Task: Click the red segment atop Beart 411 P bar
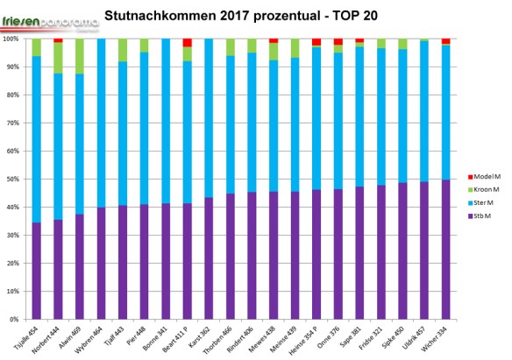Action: pyautogui.click(x=187, y=43)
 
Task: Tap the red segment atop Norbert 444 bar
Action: pyautogui.click(x=58, y=40)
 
